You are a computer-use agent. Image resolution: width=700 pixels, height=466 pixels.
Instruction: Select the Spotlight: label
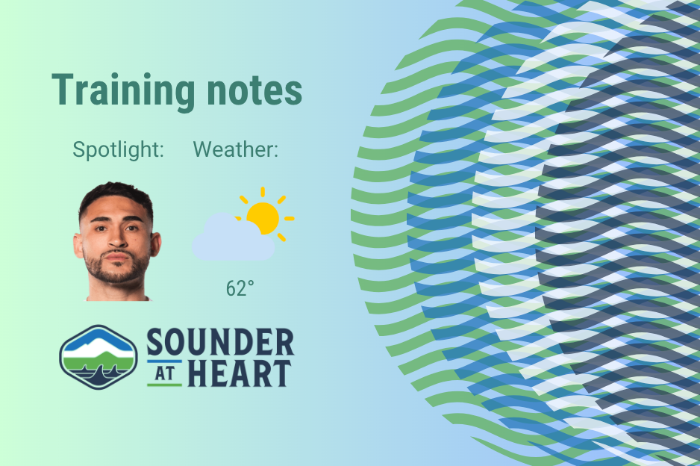[118, 149]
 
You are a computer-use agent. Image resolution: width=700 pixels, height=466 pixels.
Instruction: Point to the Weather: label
[236, 149]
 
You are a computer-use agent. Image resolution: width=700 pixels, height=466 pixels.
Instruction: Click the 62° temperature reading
[240, 288]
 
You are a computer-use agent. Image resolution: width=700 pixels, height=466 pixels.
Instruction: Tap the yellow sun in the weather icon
[263, 217]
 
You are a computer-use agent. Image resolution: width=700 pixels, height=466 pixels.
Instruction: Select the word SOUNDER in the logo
[220, 343]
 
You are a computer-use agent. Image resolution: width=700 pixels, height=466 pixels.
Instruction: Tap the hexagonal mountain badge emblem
[98, 357]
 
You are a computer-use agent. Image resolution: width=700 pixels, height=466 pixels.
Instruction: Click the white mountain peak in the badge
[98, 343]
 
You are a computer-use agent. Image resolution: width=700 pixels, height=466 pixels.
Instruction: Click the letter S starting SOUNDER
[155, 343]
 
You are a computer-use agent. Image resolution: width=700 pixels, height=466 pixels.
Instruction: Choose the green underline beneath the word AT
[164, 384]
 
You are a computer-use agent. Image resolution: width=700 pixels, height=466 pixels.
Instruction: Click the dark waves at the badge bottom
[98, 375]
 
